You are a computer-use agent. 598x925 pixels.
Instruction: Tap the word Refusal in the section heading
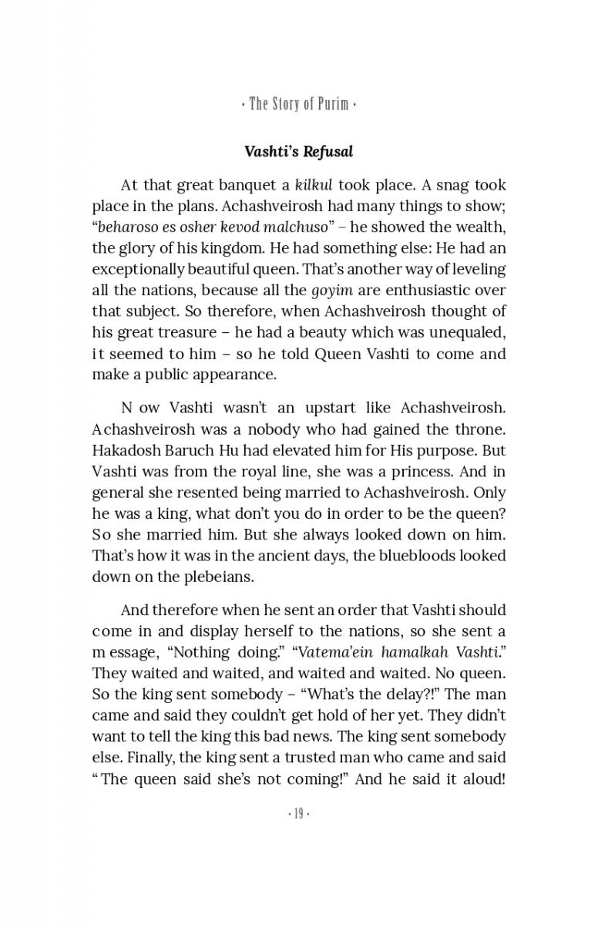tap(328, 151)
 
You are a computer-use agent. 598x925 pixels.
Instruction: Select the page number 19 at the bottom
tap(298, 814)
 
